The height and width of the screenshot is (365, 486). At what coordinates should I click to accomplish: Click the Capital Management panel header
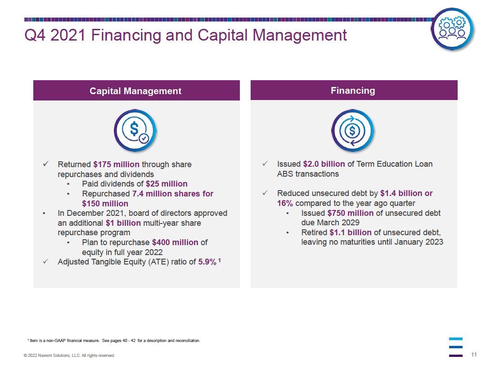[136, 90]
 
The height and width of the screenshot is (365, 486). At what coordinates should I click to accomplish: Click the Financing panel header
[354, 90]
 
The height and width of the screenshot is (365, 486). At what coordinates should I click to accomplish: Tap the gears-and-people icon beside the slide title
[452, 29]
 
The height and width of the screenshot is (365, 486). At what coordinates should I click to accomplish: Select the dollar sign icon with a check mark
[135, 130]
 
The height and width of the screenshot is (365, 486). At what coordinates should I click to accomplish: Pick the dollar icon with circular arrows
[353, 130]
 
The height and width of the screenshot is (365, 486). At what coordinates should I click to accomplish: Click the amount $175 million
[116, 164]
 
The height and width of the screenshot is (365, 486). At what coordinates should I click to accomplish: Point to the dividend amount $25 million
[166, 184]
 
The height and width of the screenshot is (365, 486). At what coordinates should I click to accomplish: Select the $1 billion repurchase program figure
[123, 223]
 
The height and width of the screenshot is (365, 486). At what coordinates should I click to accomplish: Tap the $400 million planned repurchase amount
[175, 242]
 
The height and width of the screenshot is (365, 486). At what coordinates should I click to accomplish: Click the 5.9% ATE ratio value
[207, 262]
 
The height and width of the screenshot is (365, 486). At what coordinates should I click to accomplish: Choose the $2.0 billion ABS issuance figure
[324, 164]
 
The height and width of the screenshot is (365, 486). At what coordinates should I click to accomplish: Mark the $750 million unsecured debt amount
[350, 213]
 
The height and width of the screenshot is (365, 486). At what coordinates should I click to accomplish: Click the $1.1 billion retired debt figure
[350, 232]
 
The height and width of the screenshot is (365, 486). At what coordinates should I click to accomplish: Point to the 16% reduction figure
[285, 203]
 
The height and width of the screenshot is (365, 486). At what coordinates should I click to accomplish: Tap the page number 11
[474, 355]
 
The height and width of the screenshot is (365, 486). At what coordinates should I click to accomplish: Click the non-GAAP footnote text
[114, 341]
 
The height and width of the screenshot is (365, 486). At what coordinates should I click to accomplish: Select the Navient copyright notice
[69, 356]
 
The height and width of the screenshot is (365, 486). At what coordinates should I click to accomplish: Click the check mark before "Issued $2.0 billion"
[265, 163]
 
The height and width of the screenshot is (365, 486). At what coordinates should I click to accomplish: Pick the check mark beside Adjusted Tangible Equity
[45, 261]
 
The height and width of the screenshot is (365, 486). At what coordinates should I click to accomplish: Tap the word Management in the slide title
[300, 36]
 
